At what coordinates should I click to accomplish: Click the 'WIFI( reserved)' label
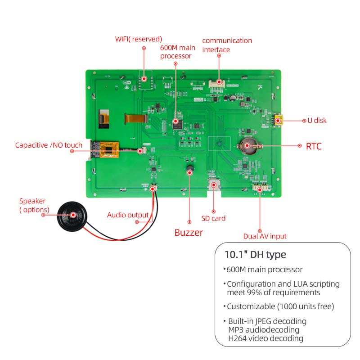click(139, 39)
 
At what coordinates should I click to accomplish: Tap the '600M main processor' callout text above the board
click(176, 51)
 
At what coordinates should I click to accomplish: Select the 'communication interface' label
click(227, 45)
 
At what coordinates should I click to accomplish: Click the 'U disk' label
click(317, 121)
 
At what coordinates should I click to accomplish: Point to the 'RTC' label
click(314, 146)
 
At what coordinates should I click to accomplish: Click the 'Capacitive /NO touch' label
click(49, 145)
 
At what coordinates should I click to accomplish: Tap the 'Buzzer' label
click(189, 233)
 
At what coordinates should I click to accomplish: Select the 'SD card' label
click(213, 218)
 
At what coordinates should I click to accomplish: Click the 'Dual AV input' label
click(265, 236)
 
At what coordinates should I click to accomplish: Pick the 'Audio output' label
click(127, 215)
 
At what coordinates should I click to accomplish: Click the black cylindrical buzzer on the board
click(189, 170)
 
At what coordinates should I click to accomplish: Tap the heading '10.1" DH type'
click(255, 255)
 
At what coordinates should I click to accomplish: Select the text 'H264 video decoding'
click(265, 338)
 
